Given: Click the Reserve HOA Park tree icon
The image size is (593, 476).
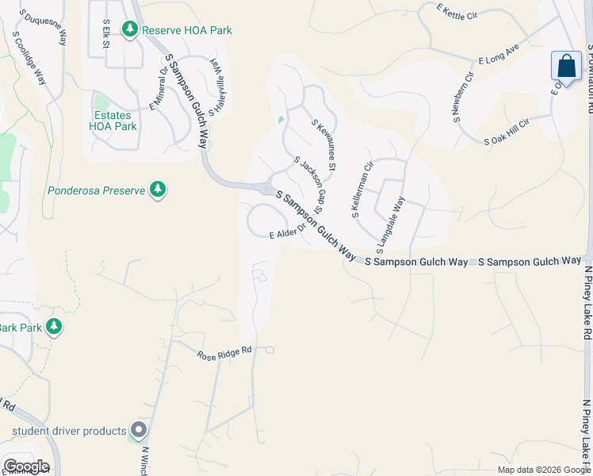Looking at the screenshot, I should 129,29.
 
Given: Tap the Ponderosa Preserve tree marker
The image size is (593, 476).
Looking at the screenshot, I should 159,190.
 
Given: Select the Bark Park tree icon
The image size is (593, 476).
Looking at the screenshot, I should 54,327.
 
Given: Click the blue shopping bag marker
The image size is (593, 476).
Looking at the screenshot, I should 566,66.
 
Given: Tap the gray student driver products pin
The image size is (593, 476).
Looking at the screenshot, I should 139,431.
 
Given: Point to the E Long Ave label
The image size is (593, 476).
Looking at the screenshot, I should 498,59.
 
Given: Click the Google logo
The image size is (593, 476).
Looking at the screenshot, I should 26,466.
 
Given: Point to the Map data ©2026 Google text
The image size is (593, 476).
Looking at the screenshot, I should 543,470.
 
